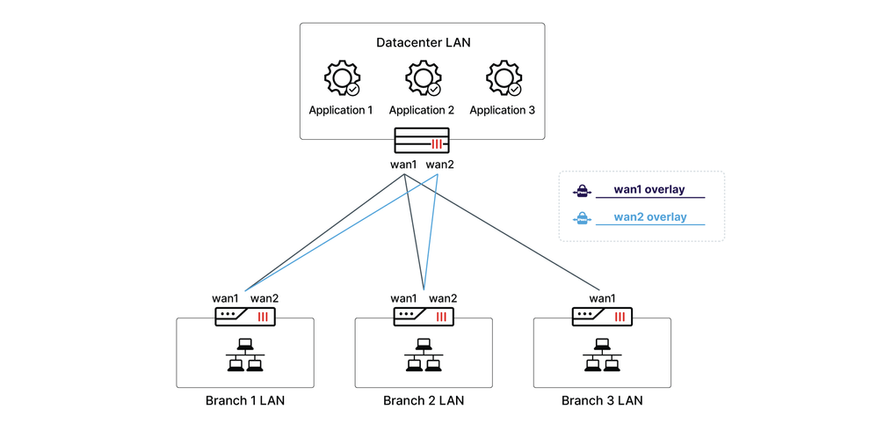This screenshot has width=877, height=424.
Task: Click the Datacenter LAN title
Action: tap(422, 42)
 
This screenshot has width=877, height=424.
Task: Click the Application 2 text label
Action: tap(422, 110)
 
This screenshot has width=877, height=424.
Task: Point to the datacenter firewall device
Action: tap(422, 142)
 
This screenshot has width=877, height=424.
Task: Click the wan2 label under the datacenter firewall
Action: tap(439, 164)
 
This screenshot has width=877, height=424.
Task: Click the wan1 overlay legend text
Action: tap(649, 189)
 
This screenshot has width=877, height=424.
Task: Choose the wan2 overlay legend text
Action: tap(649, 217)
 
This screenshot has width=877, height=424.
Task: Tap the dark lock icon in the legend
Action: tap(581, 190)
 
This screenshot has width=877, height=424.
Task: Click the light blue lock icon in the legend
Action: tap(581, 218)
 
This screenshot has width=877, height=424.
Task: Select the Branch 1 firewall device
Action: tap(245, 316)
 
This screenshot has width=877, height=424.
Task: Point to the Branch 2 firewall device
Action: tap(424, 316)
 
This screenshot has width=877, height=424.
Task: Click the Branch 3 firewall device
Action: tap(602, 316)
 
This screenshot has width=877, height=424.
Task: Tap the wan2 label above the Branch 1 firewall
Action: tap(265, 299)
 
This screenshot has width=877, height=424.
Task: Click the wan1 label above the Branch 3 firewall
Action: tap(602, 299)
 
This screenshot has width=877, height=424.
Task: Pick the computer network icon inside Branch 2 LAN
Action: tap(424, 355)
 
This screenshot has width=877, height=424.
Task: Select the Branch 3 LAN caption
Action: tap(602, 401)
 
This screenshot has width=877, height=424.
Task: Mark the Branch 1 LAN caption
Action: tap(245, 401)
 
